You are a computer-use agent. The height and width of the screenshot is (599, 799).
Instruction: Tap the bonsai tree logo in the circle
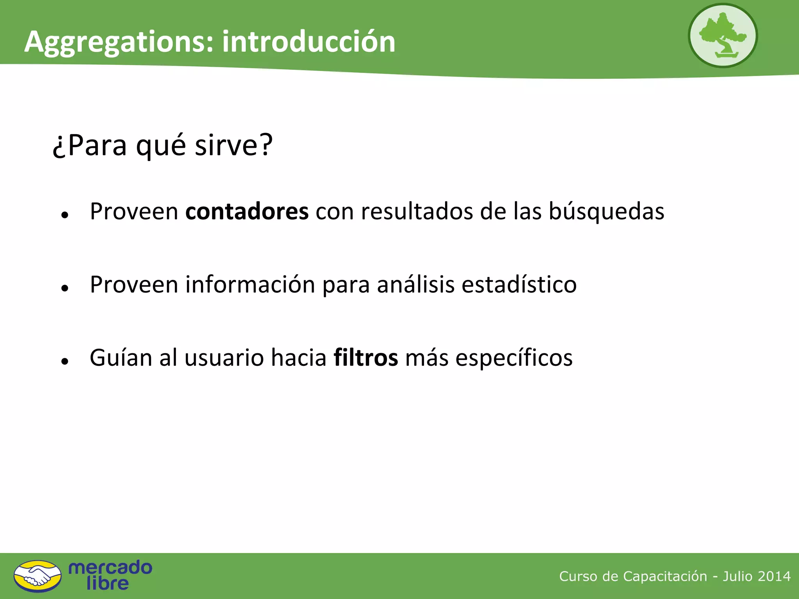pos(723,36)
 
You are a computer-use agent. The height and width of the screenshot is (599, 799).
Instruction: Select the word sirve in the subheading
pos(226,145)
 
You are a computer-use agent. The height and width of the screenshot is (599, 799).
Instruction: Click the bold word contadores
pos(247,211)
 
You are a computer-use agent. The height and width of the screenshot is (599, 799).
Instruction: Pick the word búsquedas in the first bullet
pos(606,211)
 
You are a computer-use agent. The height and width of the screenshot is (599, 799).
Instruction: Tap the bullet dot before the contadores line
pos(65,215)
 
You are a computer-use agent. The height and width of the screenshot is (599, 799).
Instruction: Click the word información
pos(250,284)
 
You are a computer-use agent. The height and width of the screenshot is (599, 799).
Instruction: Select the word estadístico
pos(519,284)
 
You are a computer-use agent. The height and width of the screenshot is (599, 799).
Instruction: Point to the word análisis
pos(415,284)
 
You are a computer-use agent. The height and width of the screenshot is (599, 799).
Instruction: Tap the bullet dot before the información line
pos(65,288)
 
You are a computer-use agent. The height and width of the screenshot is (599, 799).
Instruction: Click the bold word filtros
pos(366,358)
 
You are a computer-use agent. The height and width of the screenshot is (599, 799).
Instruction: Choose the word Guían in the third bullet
pos(121,358)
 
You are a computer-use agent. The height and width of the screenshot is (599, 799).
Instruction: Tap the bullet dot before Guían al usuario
pos(65,362)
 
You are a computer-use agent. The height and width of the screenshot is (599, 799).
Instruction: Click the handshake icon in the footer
pos(37,576)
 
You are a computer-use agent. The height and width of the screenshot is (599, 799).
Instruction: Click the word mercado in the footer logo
pos(110,567)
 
